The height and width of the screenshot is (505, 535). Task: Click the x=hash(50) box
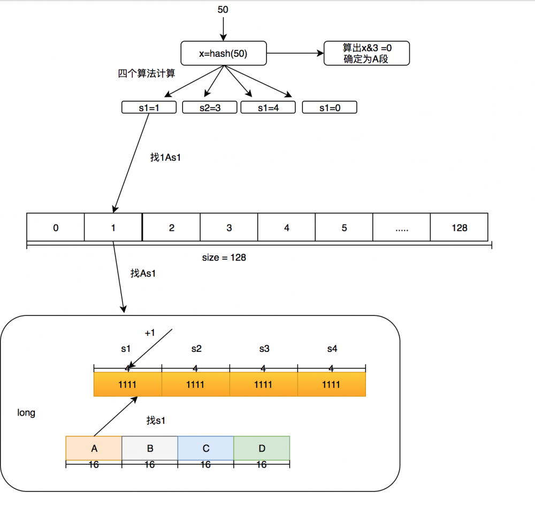[223, 54]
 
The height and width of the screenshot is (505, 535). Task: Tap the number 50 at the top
[223, 10]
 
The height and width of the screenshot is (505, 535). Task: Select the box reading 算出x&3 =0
[366, 54]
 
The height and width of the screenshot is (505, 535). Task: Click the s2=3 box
[209, 108]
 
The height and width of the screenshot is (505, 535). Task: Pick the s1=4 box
[268, 108]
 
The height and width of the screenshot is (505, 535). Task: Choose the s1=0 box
[329, 108]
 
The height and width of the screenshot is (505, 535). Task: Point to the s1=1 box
[149, 108]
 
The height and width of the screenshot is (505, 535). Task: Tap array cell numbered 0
[56, 228]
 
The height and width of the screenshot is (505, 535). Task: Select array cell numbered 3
[229, 228]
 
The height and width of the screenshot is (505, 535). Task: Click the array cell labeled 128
[459, 228]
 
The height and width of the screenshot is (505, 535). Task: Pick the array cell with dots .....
[401, 228]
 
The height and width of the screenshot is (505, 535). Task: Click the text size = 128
[224, 258]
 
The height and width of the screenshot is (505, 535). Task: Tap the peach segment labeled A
[94, 448]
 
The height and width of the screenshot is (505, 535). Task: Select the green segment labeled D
[262, 448]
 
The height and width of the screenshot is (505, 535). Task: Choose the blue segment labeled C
[206, 448]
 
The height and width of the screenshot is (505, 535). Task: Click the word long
[26, 413]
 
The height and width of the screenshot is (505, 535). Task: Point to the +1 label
[150, 333]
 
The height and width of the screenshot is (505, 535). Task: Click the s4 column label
[332, 349]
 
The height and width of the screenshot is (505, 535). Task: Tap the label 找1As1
[165, 158]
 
